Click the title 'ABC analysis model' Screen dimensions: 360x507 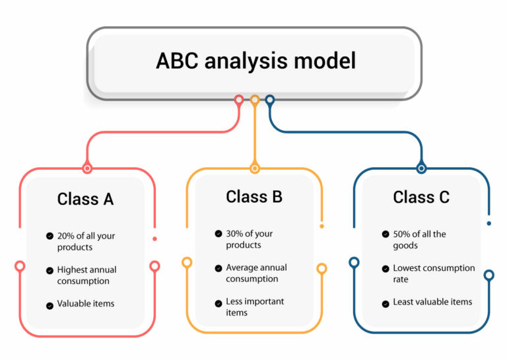(x=255, y=61)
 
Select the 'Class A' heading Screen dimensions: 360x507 (x=85, y=199)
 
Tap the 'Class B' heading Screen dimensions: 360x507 (x=254, y=196)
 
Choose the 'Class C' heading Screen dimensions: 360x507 (x=421, y=197)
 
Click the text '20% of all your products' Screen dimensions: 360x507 (x=86, y=242)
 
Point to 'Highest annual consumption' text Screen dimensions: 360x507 (x=86, y=275)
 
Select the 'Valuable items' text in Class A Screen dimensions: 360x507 (x=86, y=304)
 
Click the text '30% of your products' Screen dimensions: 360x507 (x=249, y=239)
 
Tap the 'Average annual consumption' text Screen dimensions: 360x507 (x=256, y=273)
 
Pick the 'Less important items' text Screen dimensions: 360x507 (x=255, y=306)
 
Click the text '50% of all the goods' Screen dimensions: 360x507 (x=419, y=240)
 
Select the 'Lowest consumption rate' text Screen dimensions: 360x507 (x=433, y=273)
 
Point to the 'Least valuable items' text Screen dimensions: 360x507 (x=432, y=302)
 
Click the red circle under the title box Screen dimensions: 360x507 (x=239, y=100)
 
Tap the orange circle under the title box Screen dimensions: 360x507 (x=255, y=100)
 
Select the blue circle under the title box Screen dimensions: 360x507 (x=270, y=100)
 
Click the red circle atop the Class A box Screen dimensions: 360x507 (x=86, y=168)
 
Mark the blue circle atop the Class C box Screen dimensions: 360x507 (x=421, y=168)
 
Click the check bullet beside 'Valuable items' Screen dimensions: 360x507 (x=50, y=305)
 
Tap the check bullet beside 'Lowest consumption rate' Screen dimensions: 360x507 (x=386, y=270)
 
